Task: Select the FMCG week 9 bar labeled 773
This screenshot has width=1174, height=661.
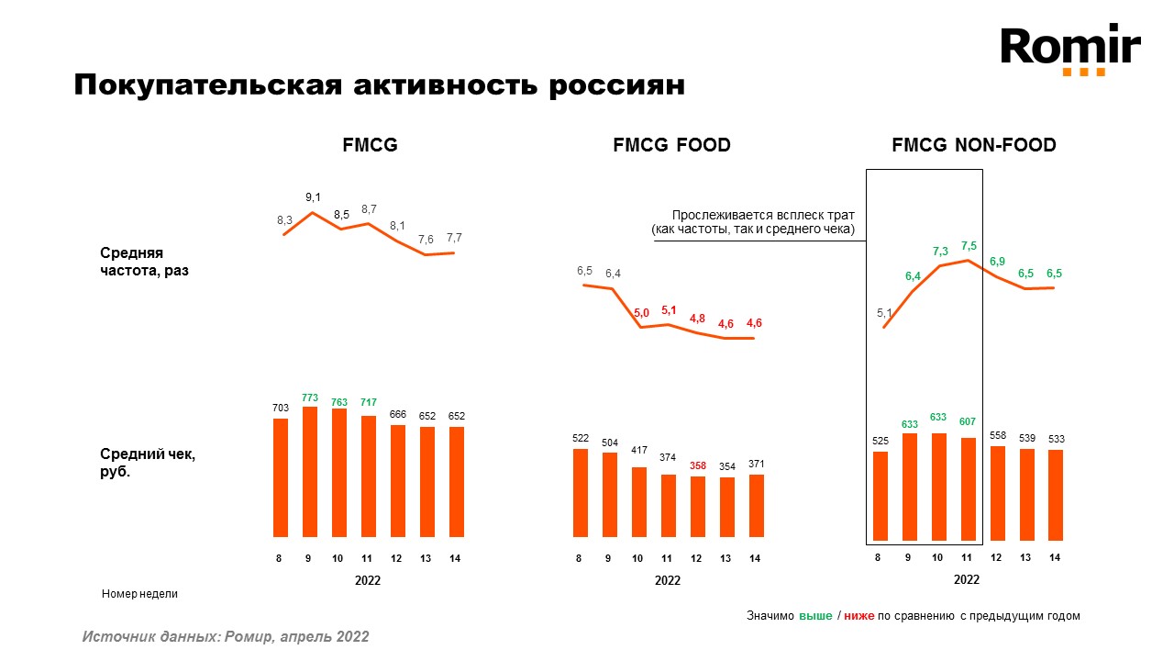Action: pos(310,471)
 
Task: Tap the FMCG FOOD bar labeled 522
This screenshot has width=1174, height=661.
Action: pos(580,492)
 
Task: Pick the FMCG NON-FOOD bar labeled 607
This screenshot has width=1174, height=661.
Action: pos(968,488)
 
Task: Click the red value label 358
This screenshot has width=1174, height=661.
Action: pos(697,465)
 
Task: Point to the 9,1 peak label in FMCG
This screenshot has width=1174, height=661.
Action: pos(313,197)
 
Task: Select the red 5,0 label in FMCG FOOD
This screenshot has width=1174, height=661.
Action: pos(641,313)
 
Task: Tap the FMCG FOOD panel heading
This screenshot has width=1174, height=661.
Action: pos(671,145)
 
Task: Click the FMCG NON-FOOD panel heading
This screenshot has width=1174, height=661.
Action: pos(974,145)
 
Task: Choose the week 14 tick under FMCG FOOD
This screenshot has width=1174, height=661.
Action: pos(755,558)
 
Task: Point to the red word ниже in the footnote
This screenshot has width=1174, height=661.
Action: pos(859,616)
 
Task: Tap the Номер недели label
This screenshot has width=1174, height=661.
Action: pos(139,594)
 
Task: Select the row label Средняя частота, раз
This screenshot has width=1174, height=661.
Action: pos(145,262)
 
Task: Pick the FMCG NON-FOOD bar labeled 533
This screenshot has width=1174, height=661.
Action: pos(1055,494)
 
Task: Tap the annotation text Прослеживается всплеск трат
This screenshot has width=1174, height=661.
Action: pos(763,214)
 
